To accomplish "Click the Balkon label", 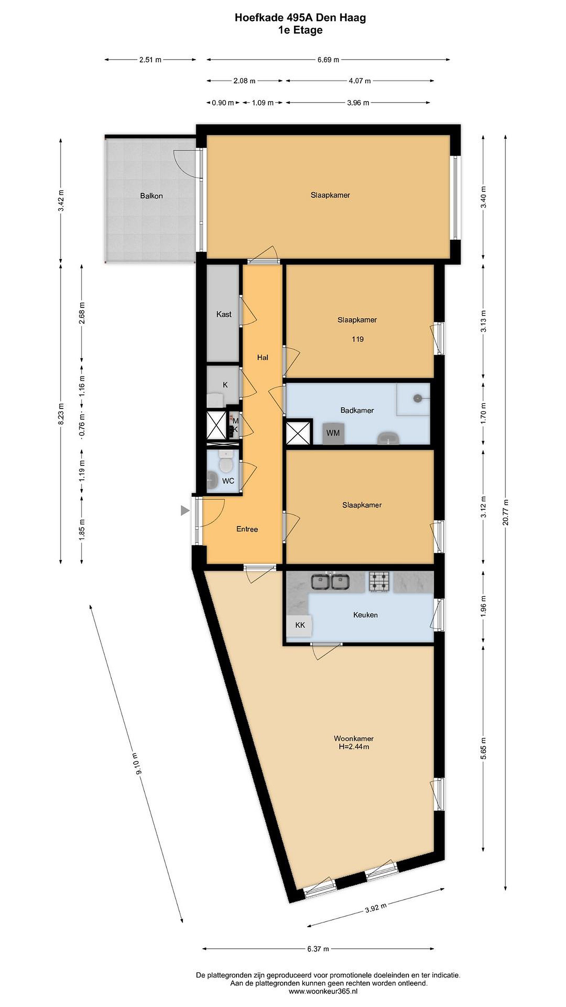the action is tap(151, 196).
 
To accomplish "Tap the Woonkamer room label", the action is tap(354, 738).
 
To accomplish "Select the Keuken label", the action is tap(365, 615).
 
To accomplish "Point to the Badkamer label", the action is tap(357, 410).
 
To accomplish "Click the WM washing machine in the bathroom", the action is tap(333, 433).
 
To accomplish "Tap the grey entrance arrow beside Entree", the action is tap(185, 510).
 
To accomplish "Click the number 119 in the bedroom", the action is tap(357, 339).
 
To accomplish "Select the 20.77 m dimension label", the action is tap(506, 513).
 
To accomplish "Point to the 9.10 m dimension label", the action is tap(139, 763).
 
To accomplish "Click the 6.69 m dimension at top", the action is tap(328, 60).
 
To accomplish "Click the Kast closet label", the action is tap(224, 314).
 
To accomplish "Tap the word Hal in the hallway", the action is tap(262, 357).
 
